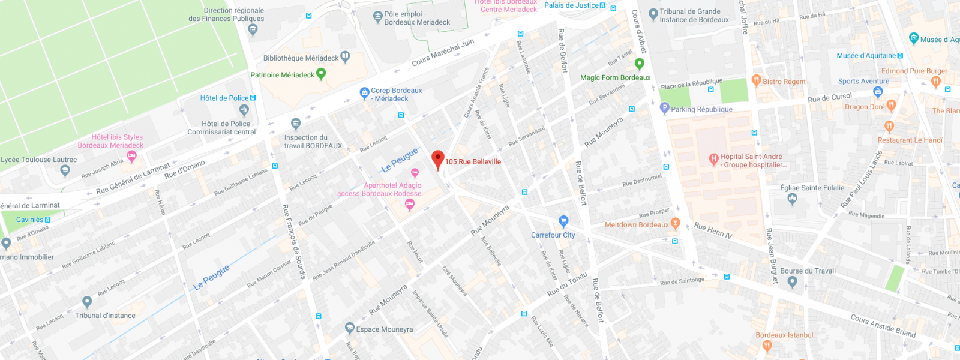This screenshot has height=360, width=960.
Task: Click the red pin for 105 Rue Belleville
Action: (438, 160)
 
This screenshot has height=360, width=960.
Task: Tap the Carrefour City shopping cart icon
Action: (563, 221)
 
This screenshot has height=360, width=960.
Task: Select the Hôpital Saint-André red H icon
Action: (713, 159)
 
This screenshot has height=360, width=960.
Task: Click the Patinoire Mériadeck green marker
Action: (321, 74)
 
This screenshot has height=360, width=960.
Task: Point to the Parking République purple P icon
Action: (664, 108)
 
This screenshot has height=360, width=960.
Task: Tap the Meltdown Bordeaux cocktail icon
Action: (676, 224)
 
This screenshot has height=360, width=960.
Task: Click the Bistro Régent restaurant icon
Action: (756, 80)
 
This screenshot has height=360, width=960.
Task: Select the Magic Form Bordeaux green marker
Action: (639, 64)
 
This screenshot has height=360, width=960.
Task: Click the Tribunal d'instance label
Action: (105, 316)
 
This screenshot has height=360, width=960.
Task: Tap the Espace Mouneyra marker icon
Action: (350, 328)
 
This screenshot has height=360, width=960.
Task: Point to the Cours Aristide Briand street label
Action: (883, 326)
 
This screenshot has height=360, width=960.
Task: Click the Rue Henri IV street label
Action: (713, 230)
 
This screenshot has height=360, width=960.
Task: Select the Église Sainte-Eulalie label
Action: (812, 188)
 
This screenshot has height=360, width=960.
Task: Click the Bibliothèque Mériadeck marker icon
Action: (345, 56)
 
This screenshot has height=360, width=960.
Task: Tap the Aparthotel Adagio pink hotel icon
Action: (410, 205)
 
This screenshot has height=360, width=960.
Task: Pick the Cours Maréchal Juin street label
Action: (443, 52)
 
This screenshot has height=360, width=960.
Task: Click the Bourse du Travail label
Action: (808, 271)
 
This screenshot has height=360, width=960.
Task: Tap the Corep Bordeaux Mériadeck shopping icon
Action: (364, 93)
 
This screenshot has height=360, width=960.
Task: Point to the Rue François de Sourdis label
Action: (293, 242)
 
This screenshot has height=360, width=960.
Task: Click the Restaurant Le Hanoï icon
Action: (889, 127)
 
